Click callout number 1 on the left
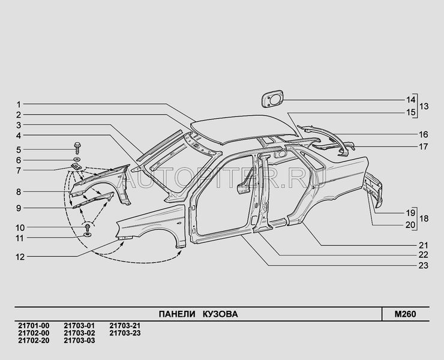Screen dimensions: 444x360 point(19,105)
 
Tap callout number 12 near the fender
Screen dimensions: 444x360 point(20,257)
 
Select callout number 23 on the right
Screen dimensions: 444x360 point(424,266)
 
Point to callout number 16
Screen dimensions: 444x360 point(424,134)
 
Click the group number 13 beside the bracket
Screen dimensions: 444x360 point(424,106)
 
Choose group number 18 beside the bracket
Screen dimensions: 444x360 point(424,218)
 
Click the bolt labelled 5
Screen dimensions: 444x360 point(77,148)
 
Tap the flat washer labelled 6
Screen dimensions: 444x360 point(77,160)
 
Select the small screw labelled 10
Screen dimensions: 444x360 point(88,227)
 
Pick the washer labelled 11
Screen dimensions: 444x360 point(87,235)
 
